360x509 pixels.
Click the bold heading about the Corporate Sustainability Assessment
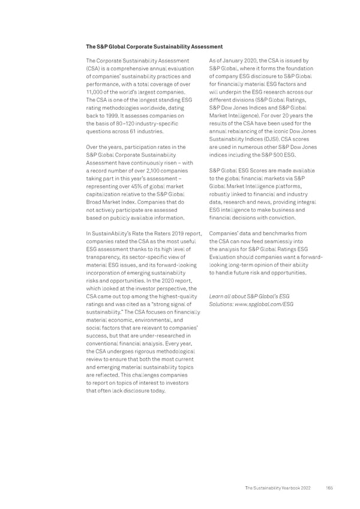pyautogui.click(x=154, y=47)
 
